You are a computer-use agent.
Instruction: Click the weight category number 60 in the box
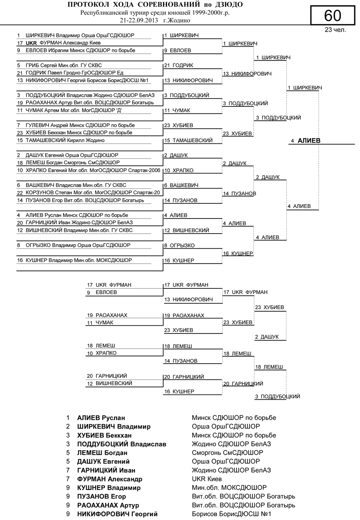(x=333, y=15)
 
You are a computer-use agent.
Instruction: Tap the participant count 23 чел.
(x=335, y=30)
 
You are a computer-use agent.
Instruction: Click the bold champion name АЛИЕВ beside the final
(x=309, y=141)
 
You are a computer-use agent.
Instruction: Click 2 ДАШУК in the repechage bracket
(x=267, y=337)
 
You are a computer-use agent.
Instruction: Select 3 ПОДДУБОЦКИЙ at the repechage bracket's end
(x=278, y=396)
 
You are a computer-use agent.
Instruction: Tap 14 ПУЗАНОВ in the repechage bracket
(x=181, y=361)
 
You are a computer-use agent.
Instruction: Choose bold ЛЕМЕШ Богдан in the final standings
(x=102, y=453)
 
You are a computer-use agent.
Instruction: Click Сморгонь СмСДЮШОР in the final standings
(x=227, y=453)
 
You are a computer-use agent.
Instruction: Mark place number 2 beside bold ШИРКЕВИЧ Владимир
(x=68, y=427)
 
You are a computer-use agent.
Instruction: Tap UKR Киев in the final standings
(x=207, y=479)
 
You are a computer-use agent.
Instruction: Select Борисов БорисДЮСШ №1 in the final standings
(x=231, y=514)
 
